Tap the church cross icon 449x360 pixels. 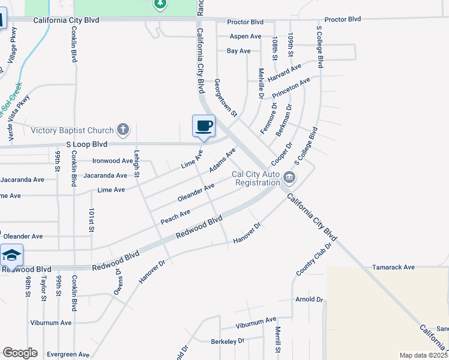pos(122,130)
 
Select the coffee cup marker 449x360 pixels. pos(203,126)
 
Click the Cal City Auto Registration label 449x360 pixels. pos(256,178)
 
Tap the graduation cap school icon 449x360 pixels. pos(11,256)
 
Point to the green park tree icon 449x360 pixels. pos(160,5)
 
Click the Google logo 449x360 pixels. pos(20,353)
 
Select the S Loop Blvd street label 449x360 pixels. pos(86,145)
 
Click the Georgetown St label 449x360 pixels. pos(226,97)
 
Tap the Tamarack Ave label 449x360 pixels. pos(393,267)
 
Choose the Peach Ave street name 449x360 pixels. pos(175,215)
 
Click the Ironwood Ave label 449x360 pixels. pos(112,161)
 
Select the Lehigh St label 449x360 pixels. pos(137,163)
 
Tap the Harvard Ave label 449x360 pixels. pos(280,77)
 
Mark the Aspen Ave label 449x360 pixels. pos(246,37)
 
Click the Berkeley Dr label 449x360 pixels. pos(228,341)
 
